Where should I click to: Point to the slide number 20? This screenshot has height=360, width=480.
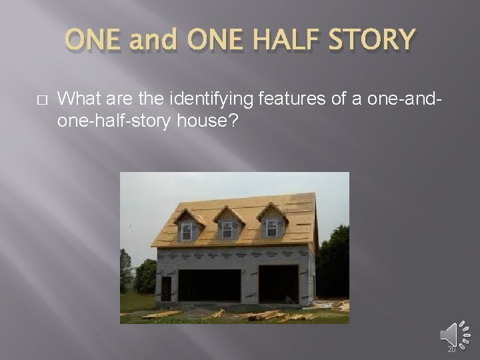[451, 349]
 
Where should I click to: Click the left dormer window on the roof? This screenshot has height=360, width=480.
[187, 228]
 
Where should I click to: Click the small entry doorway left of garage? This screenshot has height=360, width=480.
[166, 289]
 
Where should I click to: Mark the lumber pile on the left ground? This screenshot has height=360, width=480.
[159, 314]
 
